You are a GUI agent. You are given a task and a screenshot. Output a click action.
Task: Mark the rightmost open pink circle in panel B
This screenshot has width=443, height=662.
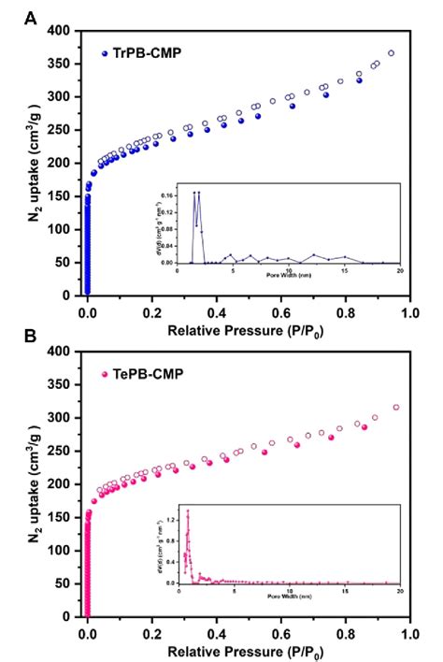pyautogui.click(x=395, y=408)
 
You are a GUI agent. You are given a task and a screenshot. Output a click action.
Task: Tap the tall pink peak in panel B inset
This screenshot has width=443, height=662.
pyautogui.click(x=188, y=511)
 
